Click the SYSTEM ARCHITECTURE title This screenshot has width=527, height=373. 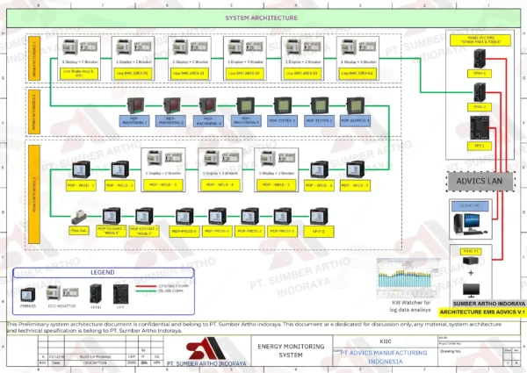261,18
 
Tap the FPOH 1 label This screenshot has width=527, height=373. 480,74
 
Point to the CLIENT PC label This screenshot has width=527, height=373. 474,204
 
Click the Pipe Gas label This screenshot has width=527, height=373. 80,232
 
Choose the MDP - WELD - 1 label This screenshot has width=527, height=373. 81,186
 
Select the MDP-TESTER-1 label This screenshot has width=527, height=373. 283,121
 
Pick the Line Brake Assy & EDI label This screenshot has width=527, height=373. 80,73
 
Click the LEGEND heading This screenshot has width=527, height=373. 90,272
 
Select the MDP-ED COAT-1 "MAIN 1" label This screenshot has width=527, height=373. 113,232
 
